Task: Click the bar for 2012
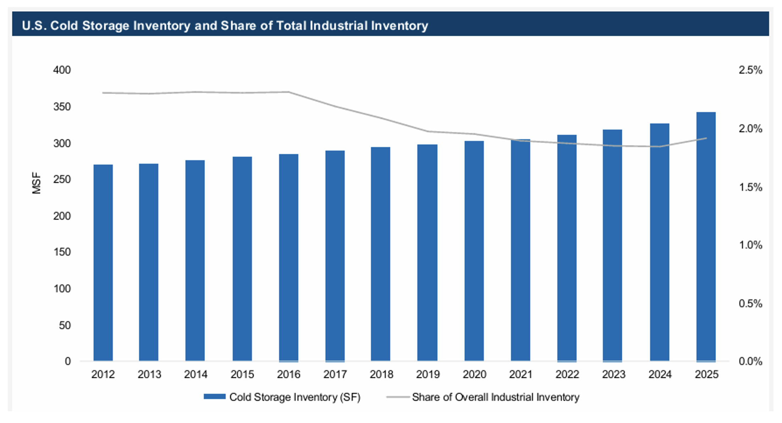[x=103, y=263]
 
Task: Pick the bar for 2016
[x=288, y=258]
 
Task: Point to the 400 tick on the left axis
[x=62, y=70]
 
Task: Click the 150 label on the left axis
[x=62, y=252]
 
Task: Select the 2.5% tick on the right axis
[x=750, y=70]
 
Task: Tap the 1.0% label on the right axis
[x=750, y=245]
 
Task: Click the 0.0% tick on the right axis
[x=750, y=361]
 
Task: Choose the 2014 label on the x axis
[x=195, y=374]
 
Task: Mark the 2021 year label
[x=521, y=374]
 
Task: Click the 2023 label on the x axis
[x=613, y=374]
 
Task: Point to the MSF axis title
[x=37, y=183]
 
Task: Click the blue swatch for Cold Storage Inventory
[x=214, y=397]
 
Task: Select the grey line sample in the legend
[x=398, y=397]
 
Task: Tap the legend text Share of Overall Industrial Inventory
[x=495, y=397]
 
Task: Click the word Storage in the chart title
[x=105, y=26]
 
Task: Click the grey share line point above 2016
[x=288, y=92]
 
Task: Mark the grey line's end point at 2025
[x=706, y=138]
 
